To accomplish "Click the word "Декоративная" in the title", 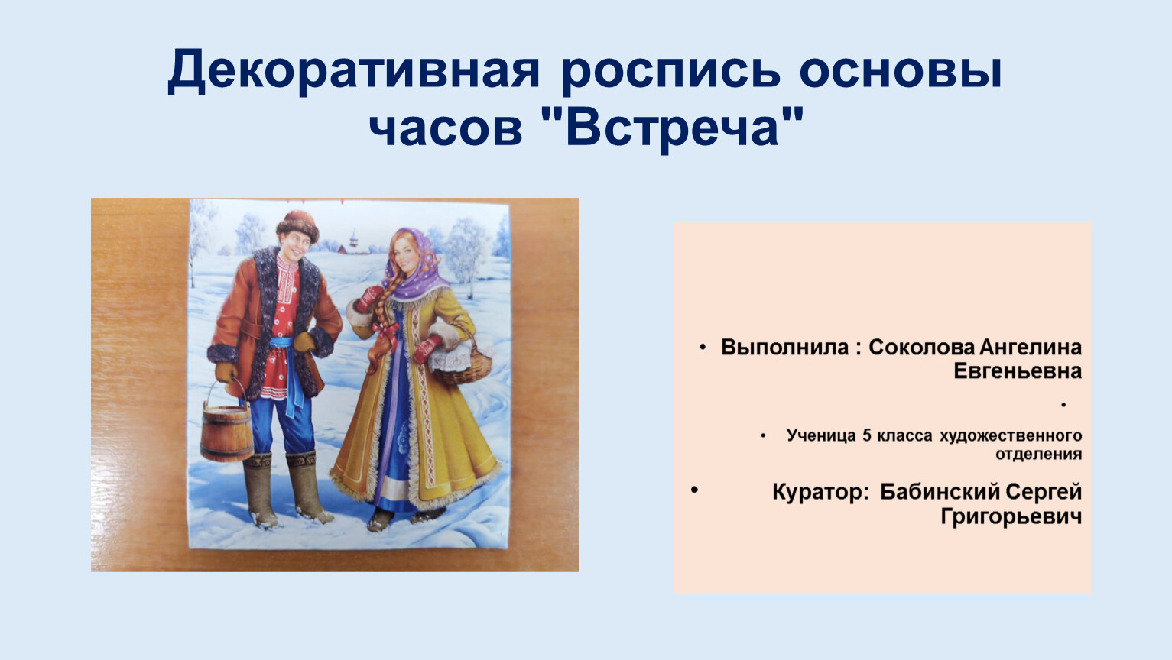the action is click(354, 70).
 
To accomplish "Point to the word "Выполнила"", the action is click(784, 348).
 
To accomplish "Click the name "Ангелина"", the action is click(1031, 348).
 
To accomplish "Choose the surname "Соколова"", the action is click(922, 348).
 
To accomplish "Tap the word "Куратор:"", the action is click(820, 493).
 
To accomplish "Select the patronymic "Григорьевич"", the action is click(1011, 516).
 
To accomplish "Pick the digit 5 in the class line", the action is click(867, 435).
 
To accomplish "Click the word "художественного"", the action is click(1011, 435).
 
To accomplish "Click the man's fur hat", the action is click(297, 226).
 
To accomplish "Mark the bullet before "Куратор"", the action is click(695, 490).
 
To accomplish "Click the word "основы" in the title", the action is click(901, 70).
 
